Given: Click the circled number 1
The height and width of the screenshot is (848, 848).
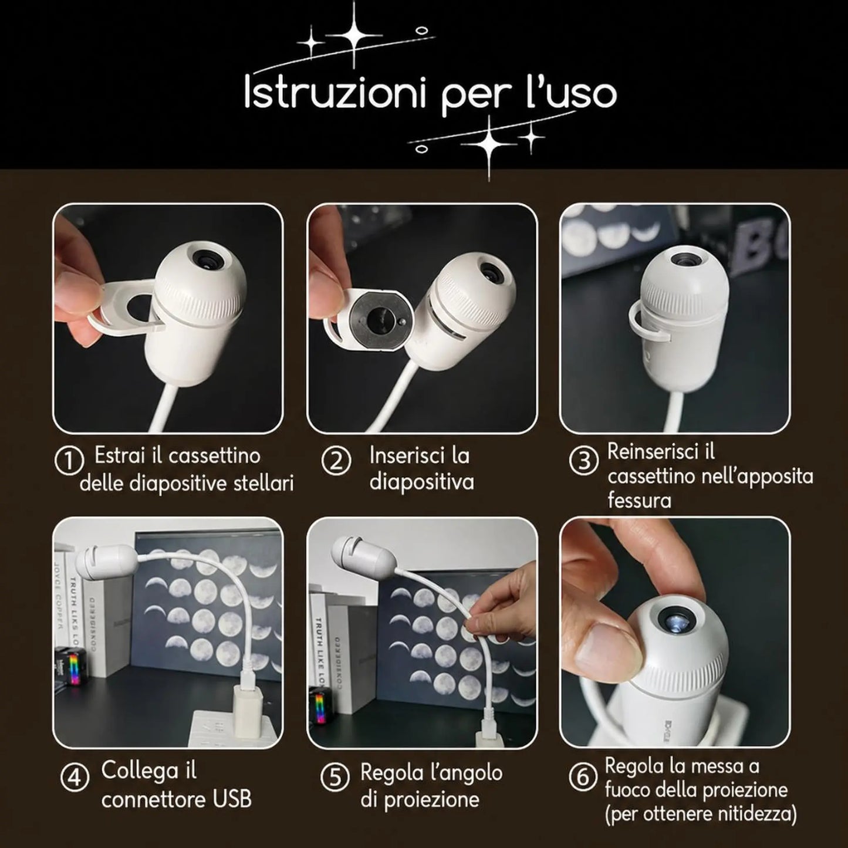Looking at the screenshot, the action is [x=69, y=461].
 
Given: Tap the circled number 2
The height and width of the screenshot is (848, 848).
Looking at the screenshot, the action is [x=336, y=461].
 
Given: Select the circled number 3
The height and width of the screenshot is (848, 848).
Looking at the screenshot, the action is [x=583, y=461].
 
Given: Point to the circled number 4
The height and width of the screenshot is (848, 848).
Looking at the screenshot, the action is [x=75, y=778].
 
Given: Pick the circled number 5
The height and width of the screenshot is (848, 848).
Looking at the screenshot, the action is [x=335, y=778].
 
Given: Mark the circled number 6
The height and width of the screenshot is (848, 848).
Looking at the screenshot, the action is [x=583, y=778].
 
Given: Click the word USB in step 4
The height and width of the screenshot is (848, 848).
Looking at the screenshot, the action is [x=231, y=799].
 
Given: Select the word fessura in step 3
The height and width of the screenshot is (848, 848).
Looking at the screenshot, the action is [x=640, y=501].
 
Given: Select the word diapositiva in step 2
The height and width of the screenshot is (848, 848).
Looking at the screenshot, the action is [x=421, y=481].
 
